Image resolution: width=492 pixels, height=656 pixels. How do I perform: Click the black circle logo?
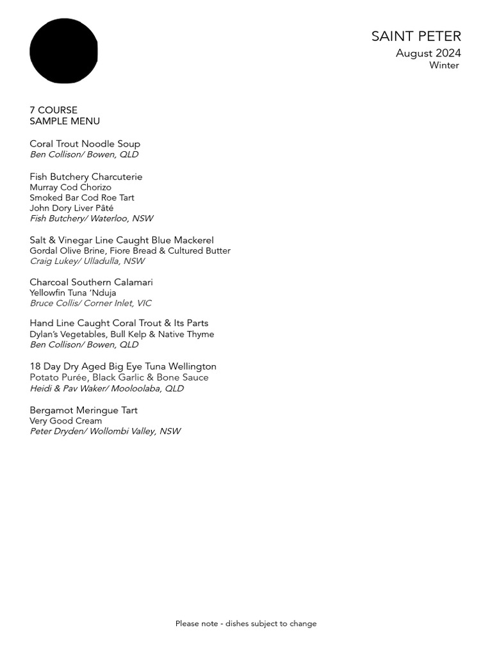pos(63,51)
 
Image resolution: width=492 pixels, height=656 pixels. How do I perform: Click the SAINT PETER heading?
pos(416,37)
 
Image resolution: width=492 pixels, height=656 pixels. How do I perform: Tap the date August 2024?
pos(428,53)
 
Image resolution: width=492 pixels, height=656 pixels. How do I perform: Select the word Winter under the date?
pos(444,65)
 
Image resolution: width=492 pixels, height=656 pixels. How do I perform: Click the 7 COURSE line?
pos(53,110)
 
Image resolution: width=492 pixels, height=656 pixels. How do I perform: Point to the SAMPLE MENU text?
pos(64,121)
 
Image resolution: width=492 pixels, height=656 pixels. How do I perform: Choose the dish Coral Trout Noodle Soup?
pos(85,144)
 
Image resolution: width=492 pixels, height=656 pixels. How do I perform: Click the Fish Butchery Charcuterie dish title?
pos(86,177)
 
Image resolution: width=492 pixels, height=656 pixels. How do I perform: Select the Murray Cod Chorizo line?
pos(70,188)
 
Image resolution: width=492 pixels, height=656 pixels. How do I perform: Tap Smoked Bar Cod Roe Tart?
pos(82,198)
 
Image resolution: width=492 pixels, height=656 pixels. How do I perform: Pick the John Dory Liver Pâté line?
pos(71,208)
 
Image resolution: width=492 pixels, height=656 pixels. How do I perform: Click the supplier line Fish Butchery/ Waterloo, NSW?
pos(92,218)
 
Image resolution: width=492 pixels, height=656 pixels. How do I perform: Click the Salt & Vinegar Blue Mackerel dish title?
pos(122,240)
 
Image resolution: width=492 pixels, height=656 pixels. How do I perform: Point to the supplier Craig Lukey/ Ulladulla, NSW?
pos(87,261)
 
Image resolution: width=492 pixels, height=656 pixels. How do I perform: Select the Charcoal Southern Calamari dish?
pos(91,283)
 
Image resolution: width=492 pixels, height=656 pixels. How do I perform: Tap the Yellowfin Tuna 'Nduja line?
pos(73,293)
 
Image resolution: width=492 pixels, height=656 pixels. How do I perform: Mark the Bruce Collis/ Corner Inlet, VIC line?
pos(90,303)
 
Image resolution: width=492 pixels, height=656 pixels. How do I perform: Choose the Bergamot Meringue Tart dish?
pos(83,410)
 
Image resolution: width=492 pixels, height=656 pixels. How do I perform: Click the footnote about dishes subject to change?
pos(246,623)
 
